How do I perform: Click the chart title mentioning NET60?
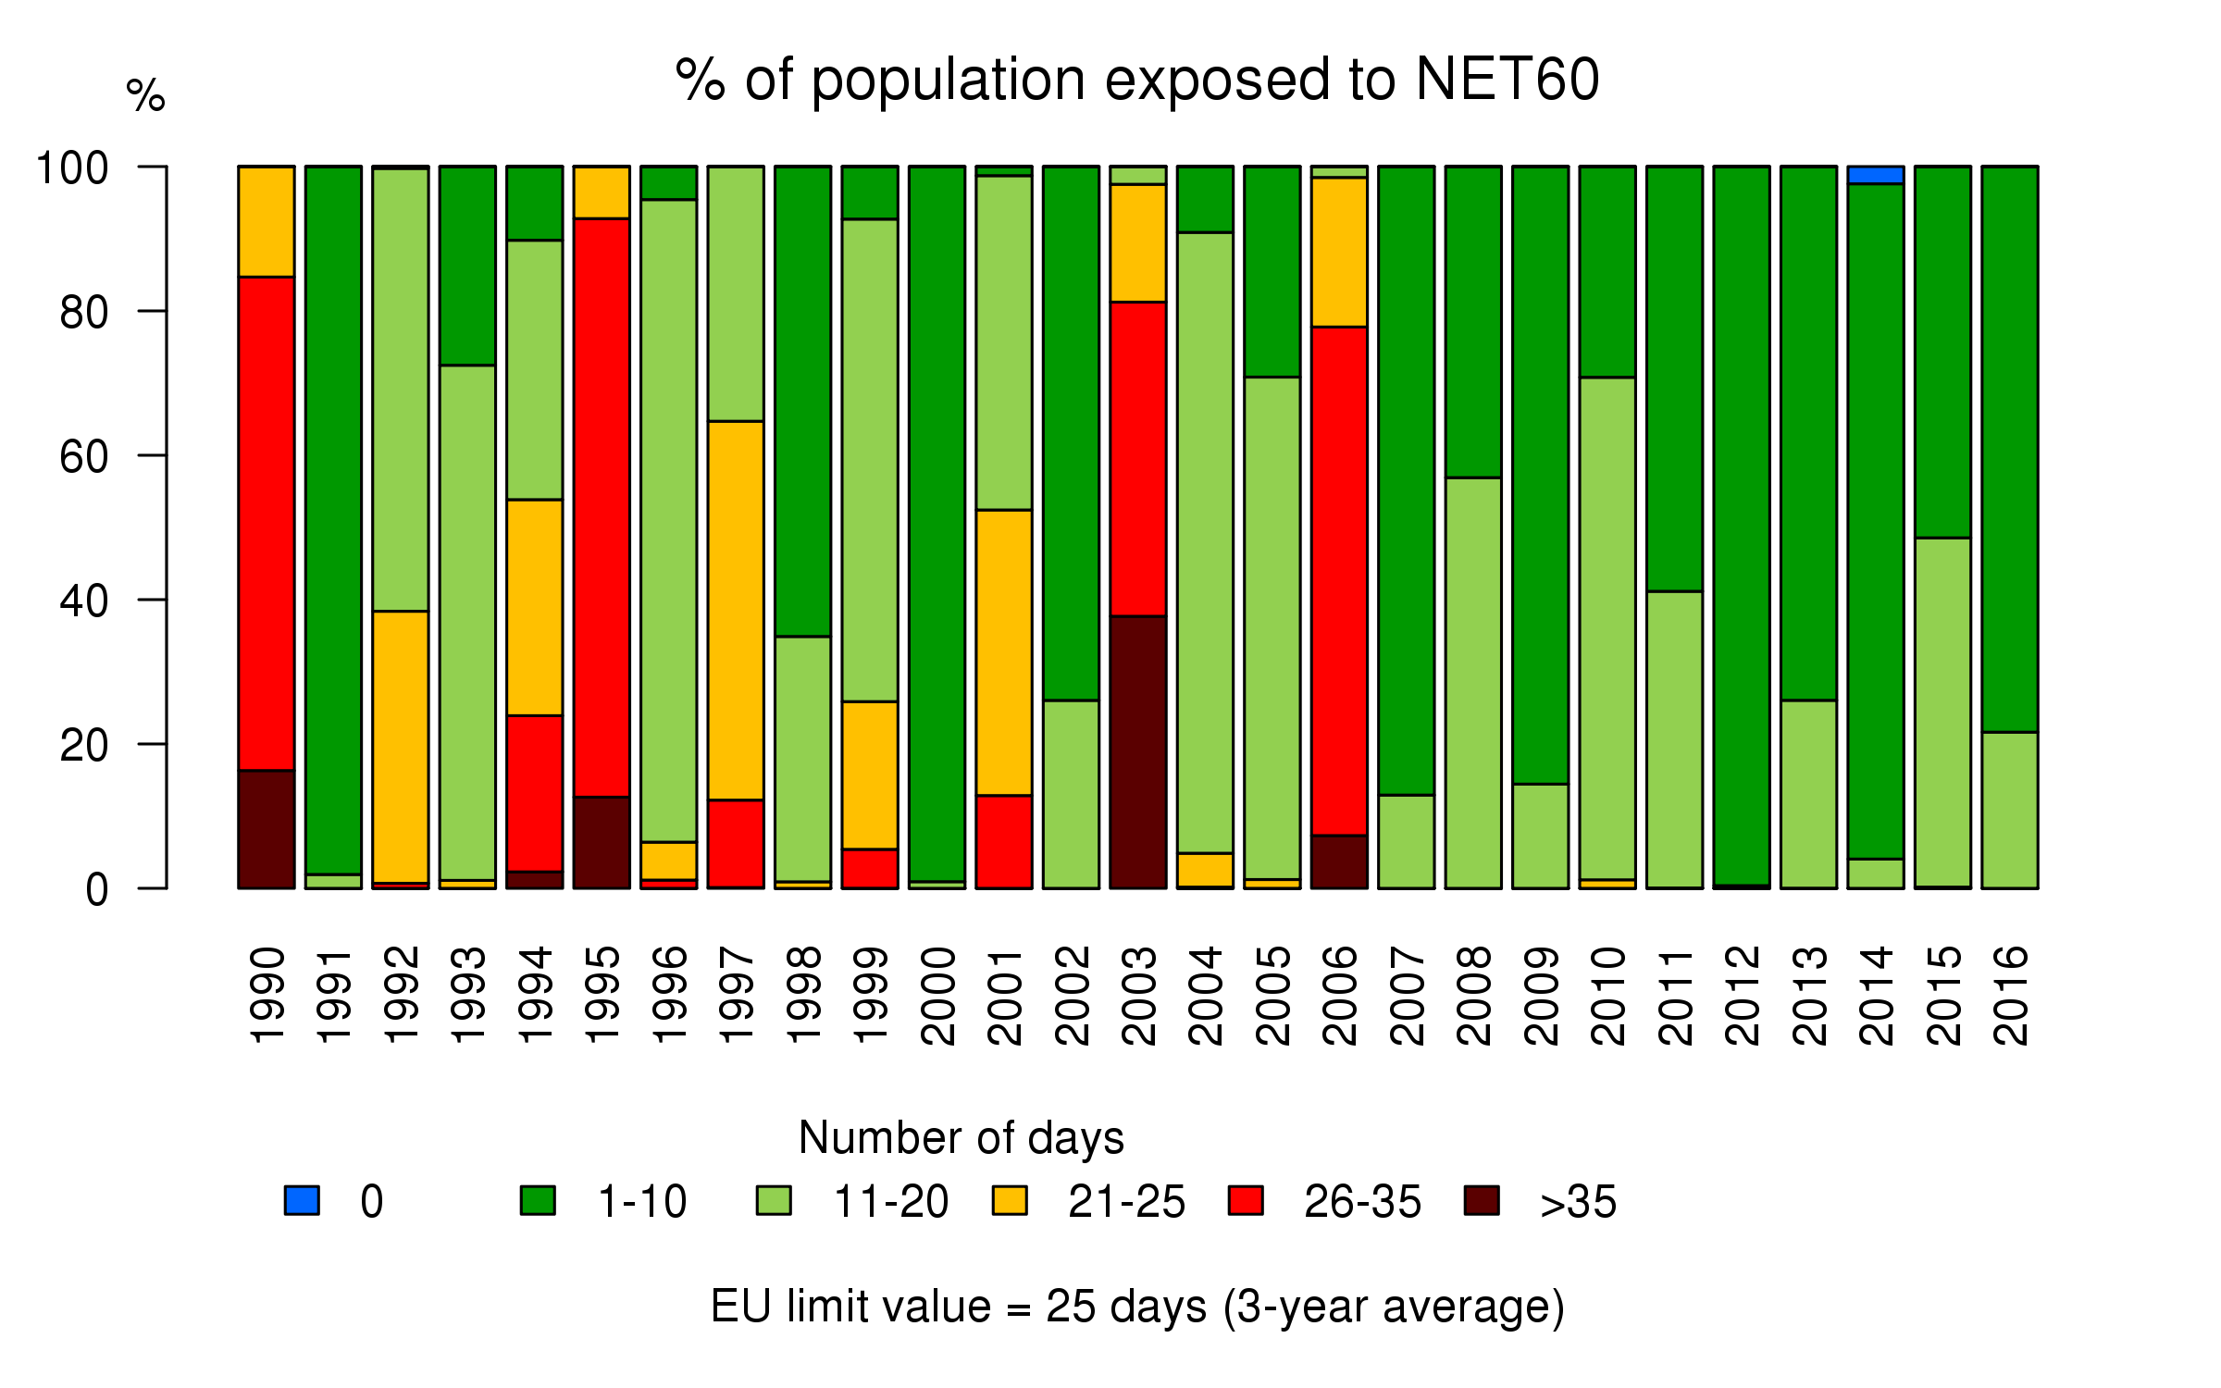[1137, 80]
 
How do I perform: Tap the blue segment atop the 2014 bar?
[1876, 175]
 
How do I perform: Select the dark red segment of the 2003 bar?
[1138, 751]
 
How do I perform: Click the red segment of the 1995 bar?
[602, 507]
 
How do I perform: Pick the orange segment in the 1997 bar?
[736, 610]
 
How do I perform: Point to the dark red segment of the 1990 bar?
[267, 829]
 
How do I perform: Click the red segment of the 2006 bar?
[1339, 581]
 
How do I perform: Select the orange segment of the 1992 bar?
[401, 747]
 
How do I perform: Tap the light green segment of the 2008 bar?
[1473, 683]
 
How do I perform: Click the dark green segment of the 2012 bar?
[1742, 526]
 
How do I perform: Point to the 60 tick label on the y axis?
[84, 457]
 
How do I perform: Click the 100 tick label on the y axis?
[72, 168]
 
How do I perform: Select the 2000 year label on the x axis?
[937, 996]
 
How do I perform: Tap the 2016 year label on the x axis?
[2010, 996]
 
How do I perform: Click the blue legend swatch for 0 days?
[302, 1200]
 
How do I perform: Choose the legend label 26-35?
[1362, 1202]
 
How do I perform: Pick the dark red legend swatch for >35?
[1482, 1200]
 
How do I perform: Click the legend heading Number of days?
[961, 1137]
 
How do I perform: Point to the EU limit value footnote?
[1137, 1307]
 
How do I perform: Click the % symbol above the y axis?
[145, 95]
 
